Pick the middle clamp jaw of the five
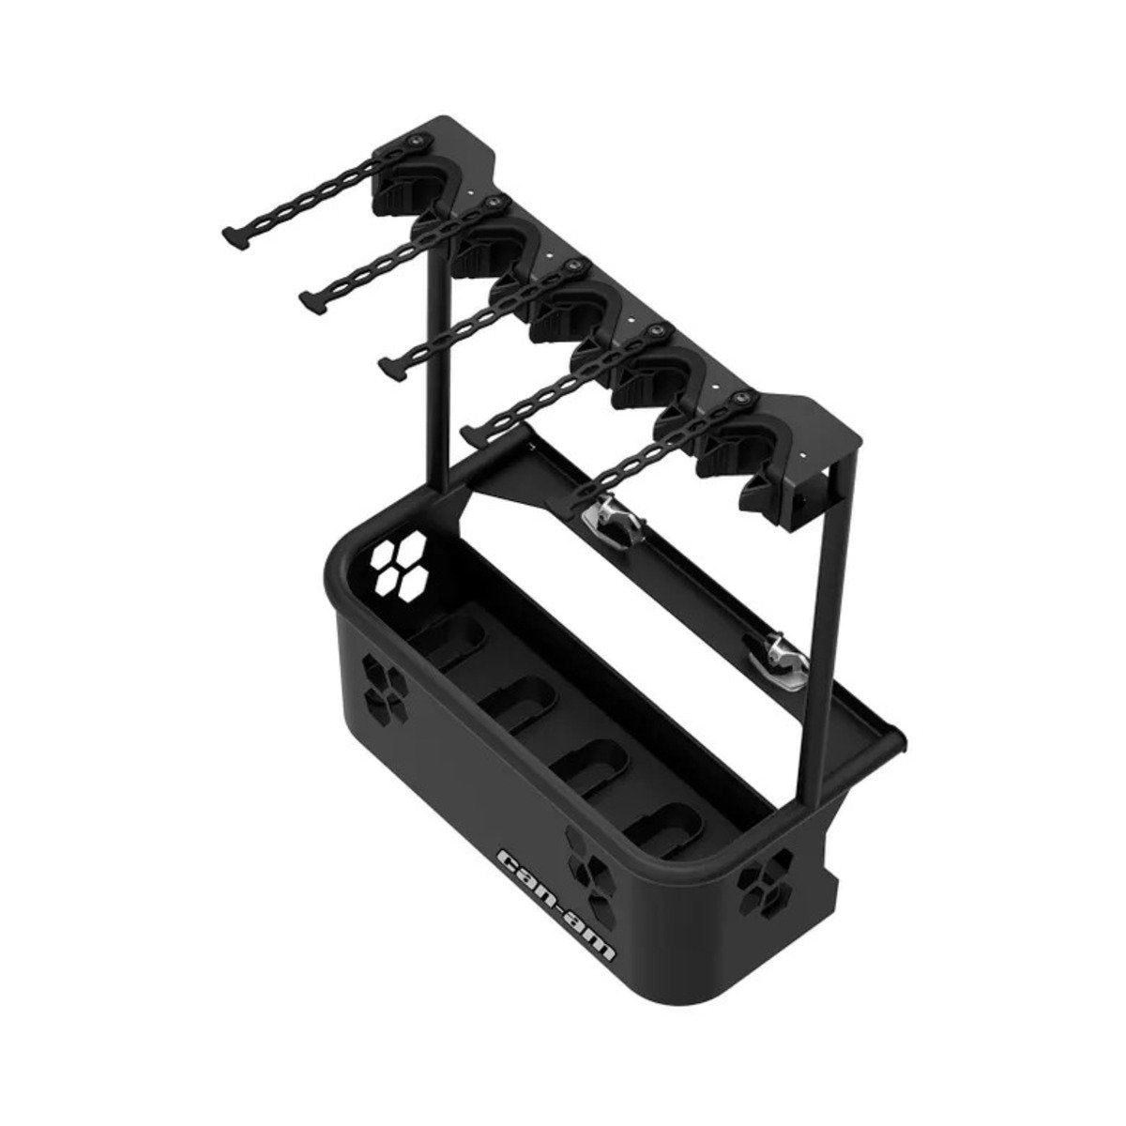point(571,314)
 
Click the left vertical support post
point(438,375)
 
